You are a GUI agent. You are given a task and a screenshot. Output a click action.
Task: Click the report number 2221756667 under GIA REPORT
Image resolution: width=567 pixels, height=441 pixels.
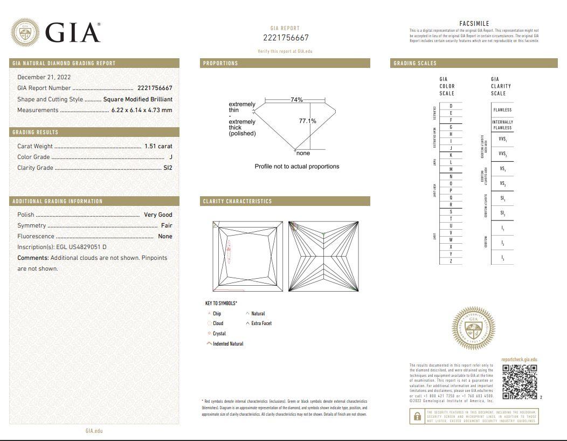(x=286, y=38)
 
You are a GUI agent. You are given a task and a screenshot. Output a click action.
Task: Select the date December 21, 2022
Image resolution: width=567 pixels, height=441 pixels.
(x=44, y=77)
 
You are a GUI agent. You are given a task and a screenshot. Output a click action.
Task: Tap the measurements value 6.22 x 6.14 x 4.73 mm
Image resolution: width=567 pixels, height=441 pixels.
(x=142, y=110)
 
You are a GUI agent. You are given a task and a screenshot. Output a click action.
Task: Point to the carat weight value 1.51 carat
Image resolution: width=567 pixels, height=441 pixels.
(x=158, y=146)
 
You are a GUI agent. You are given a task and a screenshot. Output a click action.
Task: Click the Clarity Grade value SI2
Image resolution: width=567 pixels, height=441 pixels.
(x=168, y=168)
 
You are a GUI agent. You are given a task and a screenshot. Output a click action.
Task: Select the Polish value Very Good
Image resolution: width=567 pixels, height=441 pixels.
(x=158, y=215)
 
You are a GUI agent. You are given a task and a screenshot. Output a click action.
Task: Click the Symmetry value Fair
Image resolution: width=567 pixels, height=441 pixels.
(x=167, y=225)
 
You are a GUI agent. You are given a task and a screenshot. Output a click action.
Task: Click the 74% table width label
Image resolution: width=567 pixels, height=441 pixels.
(x=296, y=100)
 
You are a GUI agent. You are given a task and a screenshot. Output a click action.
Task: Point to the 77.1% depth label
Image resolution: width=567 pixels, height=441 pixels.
(x=307, y=121)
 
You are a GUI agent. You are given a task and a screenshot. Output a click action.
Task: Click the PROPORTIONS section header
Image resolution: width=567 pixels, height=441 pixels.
(x=220, y=63)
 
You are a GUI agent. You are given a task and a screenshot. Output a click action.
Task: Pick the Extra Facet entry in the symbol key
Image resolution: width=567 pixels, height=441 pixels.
(x=261, y=323)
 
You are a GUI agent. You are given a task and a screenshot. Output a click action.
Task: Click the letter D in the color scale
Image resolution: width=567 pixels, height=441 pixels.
(x=451, y=106)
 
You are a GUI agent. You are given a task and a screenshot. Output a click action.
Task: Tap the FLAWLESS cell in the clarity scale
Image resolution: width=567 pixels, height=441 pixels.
(x=502, y=110)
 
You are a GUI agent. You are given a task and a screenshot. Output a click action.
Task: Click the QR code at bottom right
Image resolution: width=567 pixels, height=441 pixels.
(x=520, y=382)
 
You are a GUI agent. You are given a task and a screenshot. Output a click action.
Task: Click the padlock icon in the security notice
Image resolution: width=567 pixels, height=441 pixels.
(x=417, y=416)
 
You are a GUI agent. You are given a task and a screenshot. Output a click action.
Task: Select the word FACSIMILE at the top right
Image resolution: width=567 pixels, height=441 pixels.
(x=474, y=24)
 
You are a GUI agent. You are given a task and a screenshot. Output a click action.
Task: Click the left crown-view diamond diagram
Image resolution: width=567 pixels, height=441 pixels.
(x=248, y=257)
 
